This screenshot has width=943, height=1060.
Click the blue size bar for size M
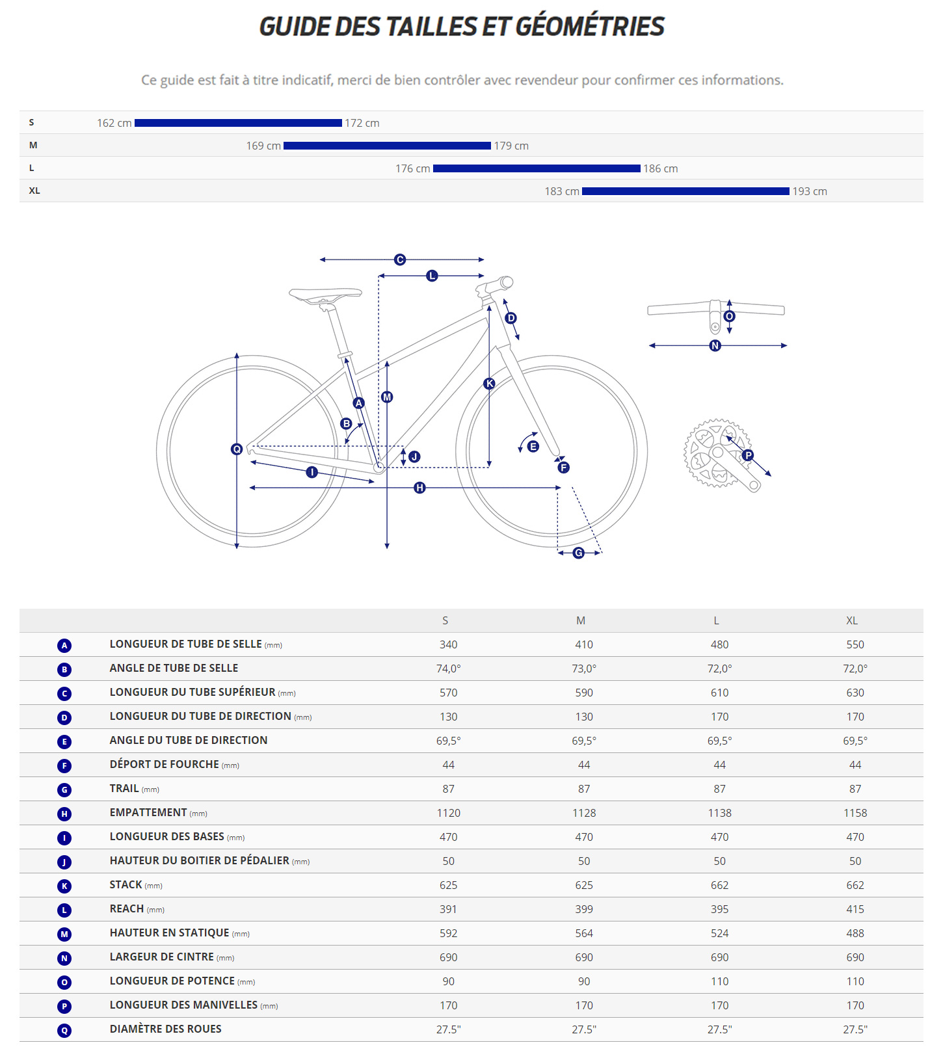point(387,146)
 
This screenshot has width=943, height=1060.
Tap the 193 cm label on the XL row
point(809,191)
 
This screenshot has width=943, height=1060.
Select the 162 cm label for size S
point(114,123)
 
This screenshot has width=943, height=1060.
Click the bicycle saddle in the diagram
point(325,295)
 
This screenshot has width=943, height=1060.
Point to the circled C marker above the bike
point(400,259)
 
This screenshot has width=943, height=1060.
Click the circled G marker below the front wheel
point(578,553)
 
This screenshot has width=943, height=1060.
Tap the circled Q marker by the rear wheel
point(237,449)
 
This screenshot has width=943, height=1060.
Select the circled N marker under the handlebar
point(715,345)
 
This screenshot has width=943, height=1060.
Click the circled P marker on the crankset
point(748,455)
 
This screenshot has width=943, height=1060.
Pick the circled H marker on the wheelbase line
point(419,487)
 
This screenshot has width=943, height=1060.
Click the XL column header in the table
point(852,620)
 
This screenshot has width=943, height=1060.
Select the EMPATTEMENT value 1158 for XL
point(855,813)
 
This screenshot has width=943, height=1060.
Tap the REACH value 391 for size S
point(448,909)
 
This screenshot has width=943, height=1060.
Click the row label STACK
point(126,884)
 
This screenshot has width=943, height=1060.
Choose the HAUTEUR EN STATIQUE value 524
point(719,933)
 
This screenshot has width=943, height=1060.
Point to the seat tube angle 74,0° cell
point(448,669)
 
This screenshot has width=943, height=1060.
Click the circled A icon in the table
point(64,645)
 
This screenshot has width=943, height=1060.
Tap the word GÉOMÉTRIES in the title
point(590,27)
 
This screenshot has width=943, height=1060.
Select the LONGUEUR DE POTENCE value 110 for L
point(719,981)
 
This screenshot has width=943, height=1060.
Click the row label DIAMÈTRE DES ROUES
point(166,1029)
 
